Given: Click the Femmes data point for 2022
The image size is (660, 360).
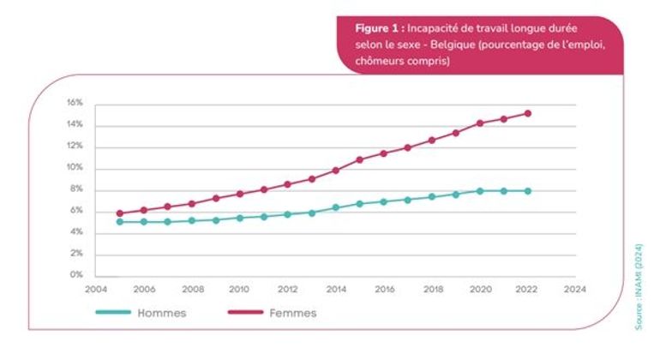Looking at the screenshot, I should pos(528,113).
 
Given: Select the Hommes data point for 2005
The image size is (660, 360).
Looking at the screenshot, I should pos(120,222).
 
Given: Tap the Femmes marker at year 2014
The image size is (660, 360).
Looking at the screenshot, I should pos(336,170).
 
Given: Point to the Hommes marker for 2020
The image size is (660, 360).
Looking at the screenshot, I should pos(480,190).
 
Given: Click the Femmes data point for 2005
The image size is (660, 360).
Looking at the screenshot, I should pos(120,213).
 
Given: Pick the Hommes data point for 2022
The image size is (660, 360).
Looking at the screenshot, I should pos(528,190).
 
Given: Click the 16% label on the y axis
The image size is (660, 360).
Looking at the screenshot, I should pos(75,103).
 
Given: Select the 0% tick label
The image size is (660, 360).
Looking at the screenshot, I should pos(76,275).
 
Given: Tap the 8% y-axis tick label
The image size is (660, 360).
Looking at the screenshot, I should pos(76,189).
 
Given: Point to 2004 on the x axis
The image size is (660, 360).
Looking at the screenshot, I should pos(96,290).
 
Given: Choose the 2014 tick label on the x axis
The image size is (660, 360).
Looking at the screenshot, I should pos(336,290).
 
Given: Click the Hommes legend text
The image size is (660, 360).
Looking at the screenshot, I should pos(162,313).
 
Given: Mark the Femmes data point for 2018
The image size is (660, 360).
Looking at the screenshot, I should pos(432,140).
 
